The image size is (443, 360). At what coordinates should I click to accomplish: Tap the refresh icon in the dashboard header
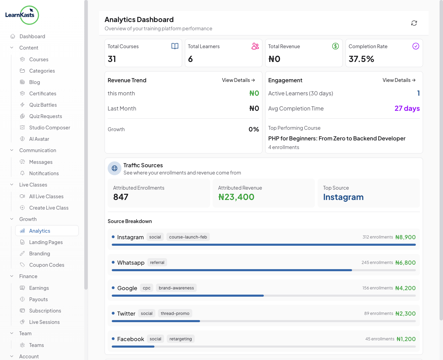tap(414, 23)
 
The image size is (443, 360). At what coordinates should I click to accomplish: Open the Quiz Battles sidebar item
tap(43, 105)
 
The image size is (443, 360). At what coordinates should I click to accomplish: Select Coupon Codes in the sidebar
tap(47, 265)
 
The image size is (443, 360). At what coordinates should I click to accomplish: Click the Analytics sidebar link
tap(40, 231)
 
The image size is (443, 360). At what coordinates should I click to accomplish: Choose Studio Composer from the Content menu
tap(50, 128)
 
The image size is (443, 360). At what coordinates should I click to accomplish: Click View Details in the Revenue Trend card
tap(238, 80)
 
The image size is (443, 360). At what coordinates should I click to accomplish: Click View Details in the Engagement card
tap(399, 80)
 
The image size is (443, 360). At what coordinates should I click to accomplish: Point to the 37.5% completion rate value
tap(361, 59)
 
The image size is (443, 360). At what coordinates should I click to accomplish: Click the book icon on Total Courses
tap(175, 46)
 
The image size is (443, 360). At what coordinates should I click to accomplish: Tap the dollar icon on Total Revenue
tap(335, 46)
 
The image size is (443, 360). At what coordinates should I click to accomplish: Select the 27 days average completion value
tap(407, 108)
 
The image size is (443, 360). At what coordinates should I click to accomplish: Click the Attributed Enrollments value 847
tap(121, 197)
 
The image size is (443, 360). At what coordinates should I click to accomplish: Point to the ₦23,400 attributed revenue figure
tap(236, 197)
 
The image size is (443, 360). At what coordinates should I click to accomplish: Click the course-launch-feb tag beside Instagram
tap(188, 237)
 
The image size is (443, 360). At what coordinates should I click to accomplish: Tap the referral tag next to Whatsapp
tap(157, 263)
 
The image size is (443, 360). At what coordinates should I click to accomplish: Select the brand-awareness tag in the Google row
tap(176, 288)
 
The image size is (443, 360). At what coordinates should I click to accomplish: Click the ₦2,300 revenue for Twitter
tap(406, 314)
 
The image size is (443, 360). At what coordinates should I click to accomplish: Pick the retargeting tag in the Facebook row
tap(181, 339)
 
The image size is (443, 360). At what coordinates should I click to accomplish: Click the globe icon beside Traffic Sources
tap(115, 168)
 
